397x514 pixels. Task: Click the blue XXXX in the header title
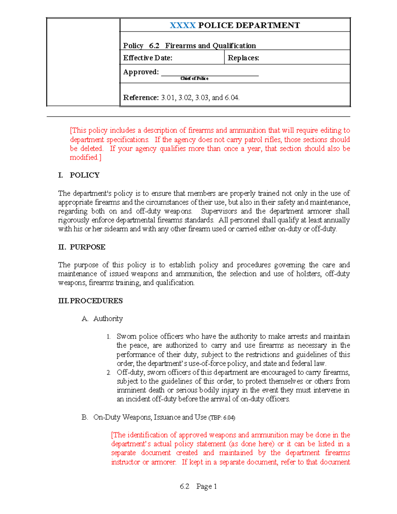pyautogui.click(x=183, y=25)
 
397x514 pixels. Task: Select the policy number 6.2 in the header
pyautogui.click(x=154, y=46)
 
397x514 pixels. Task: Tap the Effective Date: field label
pyautogui.click(x=148, y=58)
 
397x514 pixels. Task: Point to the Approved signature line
pyautogui.click(x=210, y=75)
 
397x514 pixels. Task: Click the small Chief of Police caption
pyautogui.click(x=195, y=78)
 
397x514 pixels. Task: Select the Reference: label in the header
pyautogui.click(x=141, y=98)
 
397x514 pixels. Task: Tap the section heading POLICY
pyautogui.click(x=85, y=175)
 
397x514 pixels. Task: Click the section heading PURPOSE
pyautogui.click(x=88, y=247)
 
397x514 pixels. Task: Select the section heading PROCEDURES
pyautogui.click(x=96, y=301)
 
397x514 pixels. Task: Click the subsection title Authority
pyautogui.click(x=108, y=319)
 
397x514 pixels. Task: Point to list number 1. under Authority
pyautogui.click(x=109, y=337)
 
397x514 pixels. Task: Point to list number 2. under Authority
pyautogui.click(x=109, y=373)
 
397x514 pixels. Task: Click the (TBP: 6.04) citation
pyautogui.click(x=222, y=418)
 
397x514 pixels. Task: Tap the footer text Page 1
pyautogui.click(x=206, y=487)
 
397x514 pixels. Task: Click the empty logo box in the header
pyautogui.click(x=83, y=62)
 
